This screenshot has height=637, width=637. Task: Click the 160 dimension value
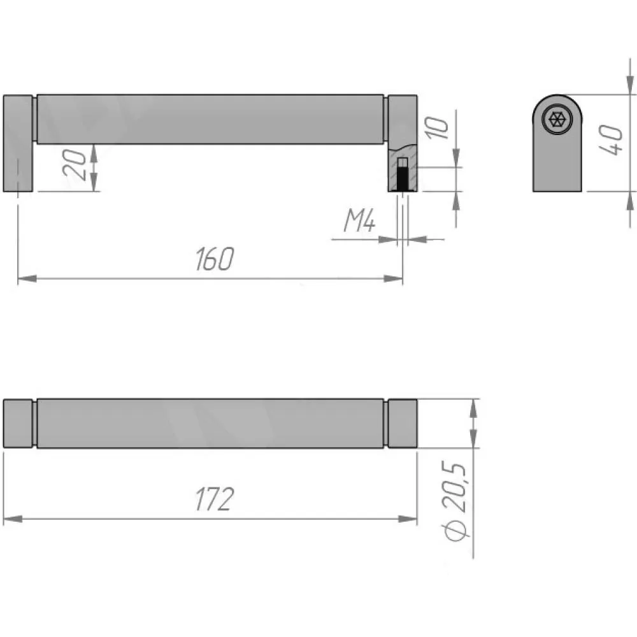(215, 259)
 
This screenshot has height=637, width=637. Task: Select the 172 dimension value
(215, 499)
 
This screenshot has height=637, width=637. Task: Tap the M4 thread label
(359, 220)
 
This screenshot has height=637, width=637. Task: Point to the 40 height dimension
(611, 140)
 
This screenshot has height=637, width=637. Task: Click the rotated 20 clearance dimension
(75, 164)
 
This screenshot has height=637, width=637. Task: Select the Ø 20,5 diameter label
(455, 502)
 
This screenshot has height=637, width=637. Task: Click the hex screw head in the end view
(557, 120)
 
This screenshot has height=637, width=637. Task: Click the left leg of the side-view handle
(18, 143)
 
